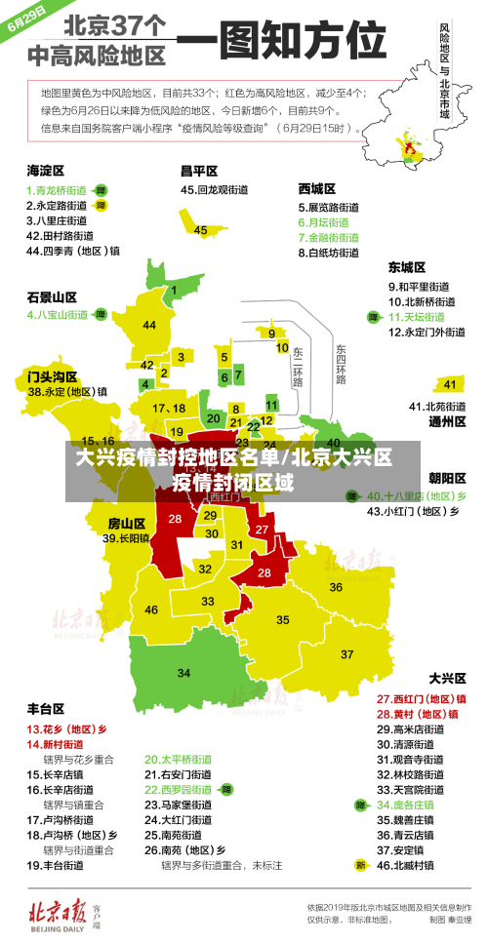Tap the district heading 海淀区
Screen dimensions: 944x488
[46, 170]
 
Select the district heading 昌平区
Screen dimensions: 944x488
[198, 170]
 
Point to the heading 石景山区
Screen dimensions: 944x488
[52, 296]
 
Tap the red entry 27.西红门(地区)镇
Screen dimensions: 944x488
[421, 698]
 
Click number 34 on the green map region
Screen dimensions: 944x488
[184, 673]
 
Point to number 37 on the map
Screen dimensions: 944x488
[346, 653]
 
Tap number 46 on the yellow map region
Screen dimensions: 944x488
[151, 610]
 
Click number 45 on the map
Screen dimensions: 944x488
[201, 230]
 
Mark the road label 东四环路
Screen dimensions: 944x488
[341, 363]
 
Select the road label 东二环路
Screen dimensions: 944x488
[298, 363]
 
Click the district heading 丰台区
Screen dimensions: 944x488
[46, 708]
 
